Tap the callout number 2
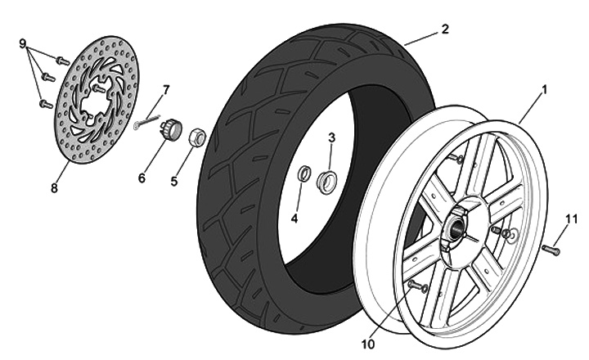tap(445, 29)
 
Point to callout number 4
tap(294, 218)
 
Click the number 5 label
tap(174, 181)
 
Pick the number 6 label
tap(142, 178)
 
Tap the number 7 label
tap(166, 88)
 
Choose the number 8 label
tap(54, 187)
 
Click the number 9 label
tap(24, 43)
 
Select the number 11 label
tap(571, 218)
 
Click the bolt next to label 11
tap(551, 249)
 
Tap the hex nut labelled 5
tap(196, 137)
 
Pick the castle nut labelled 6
tap(171, 128)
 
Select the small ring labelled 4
tap(302, 174)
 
